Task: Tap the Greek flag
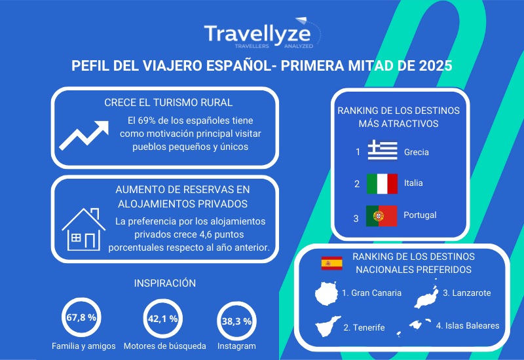[383, 151]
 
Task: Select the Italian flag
[382, 184]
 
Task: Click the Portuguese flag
[382, 216]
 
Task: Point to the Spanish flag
[331, 263]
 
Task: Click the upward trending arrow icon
[84, 135]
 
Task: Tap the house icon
[84, 230]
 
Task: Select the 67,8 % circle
[81, 317]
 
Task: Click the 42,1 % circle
[162, 319]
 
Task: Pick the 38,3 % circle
[236, 321]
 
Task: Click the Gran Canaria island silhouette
[326, 293]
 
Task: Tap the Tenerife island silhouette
[328, 326]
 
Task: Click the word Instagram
[236, 346]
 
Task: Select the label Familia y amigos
[84, 346]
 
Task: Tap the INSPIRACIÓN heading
[165, 283]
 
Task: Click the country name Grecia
[417, 153]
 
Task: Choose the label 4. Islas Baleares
[468, 325]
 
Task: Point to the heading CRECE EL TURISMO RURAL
[168, 103]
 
